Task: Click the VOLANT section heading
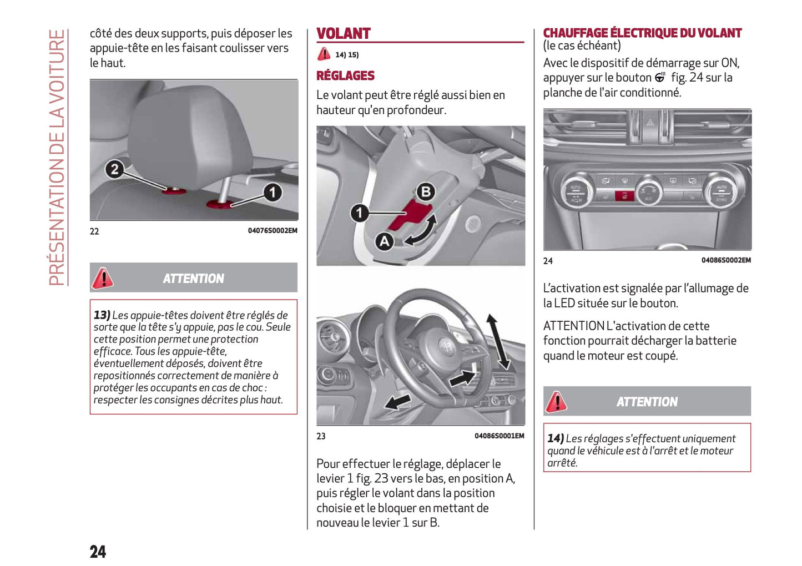343,34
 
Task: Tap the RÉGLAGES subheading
345,75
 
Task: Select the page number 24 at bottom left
98,551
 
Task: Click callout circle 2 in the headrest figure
114,169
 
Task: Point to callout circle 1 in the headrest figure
272,193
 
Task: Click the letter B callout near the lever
426,192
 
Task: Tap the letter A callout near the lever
384,241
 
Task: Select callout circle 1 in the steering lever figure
359,213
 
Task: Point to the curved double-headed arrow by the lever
421,231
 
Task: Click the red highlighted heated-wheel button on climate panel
624,195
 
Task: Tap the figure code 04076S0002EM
272,231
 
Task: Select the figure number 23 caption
321,436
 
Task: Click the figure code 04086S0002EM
725,260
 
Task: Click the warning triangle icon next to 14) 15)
324,54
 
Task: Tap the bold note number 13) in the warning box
102,315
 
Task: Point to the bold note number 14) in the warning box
556,438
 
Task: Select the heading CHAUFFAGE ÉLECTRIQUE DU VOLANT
642,33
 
